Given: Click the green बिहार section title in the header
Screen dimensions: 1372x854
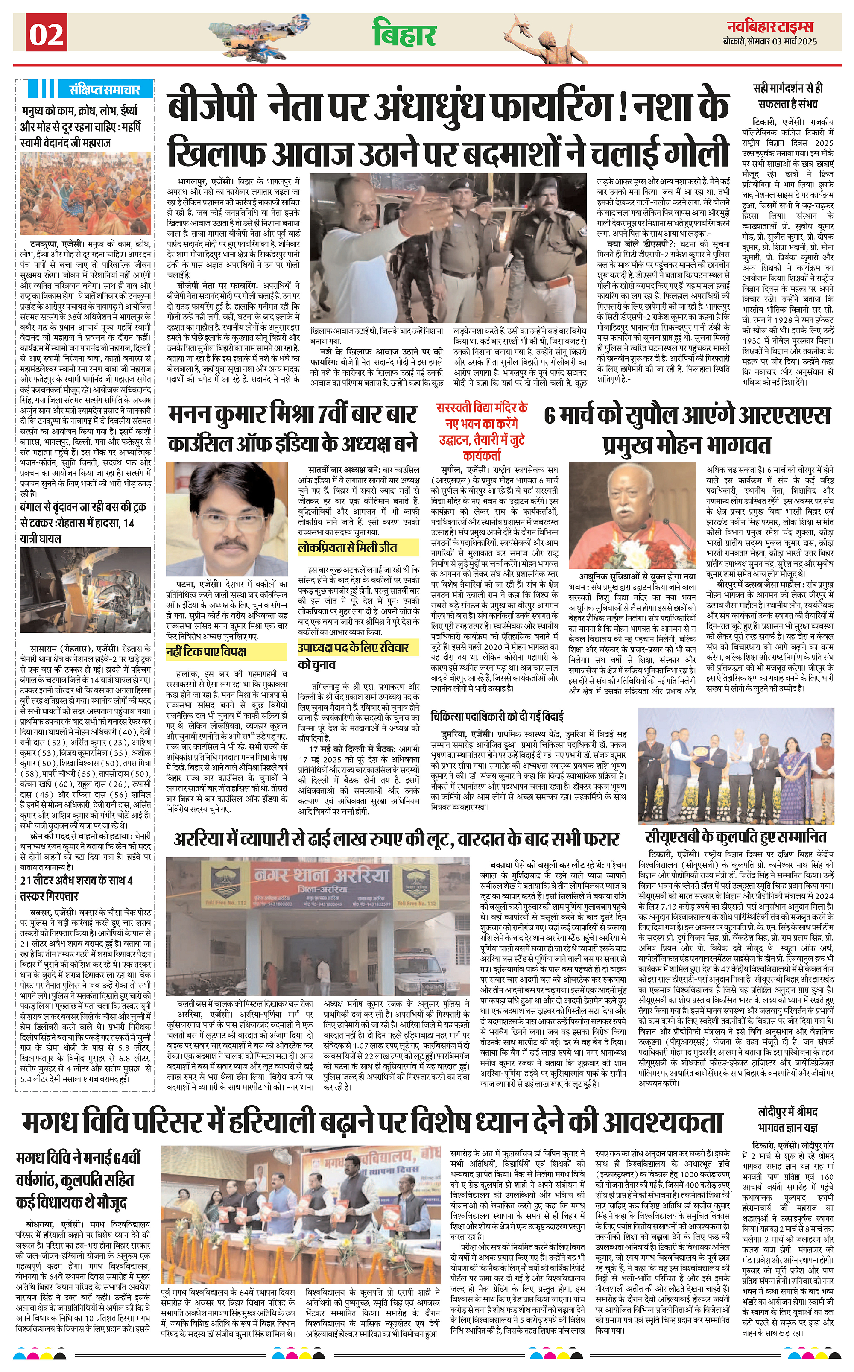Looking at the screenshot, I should click(x=404, y=33).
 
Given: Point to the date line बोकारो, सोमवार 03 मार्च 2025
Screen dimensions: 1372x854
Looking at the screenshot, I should click(x=769, y=41).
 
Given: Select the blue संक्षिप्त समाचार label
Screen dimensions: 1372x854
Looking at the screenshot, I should click(x=105, y=89).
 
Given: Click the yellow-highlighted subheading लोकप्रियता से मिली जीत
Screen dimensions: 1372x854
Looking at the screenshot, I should click(x=347, y=547).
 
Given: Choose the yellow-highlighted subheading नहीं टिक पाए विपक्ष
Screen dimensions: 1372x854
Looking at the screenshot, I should click(x=206, y=652).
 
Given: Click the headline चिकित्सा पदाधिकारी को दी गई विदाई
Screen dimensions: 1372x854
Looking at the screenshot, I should click(x=497, y=716).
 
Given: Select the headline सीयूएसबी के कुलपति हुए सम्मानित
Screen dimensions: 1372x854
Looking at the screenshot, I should click(x=735, y=837).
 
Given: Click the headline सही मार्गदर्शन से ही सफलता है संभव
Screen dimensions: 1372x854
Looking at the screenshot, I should click(x=787, y=96).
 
